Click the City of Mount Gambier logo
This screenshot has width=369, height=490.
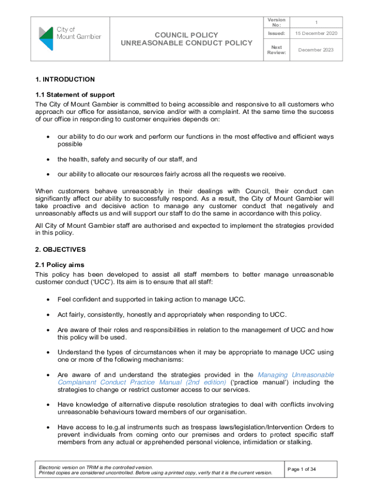(x=70, y=39)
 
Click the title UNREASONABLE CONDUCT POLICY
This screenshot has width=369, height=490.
(x=186, y=43)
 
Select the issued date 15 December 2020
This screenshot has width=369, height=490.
(x=316, y=33)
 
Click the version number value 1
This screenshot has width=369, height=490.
(x=316, y=22)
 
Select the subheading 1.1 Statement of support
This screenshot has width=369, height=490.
(x=75, y=95)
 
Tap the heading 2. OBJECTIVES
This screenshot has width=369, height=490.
(x=60, y=249)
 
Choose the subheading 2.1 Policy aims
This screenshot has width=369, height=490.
(x=60, y=265)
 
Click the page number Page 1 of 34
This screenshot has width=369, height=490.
(x=301, y=469)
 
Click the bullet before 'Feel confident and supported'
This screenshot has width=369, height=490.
(x=48, y=300)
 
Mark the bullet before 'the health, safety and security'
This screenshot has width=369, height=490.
(x=48, y=159)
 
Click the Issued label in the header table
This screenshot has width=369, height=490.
(x=276, y=33)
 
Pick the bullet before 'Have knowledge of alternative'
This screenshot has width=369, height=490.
(x=48, y=404)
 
